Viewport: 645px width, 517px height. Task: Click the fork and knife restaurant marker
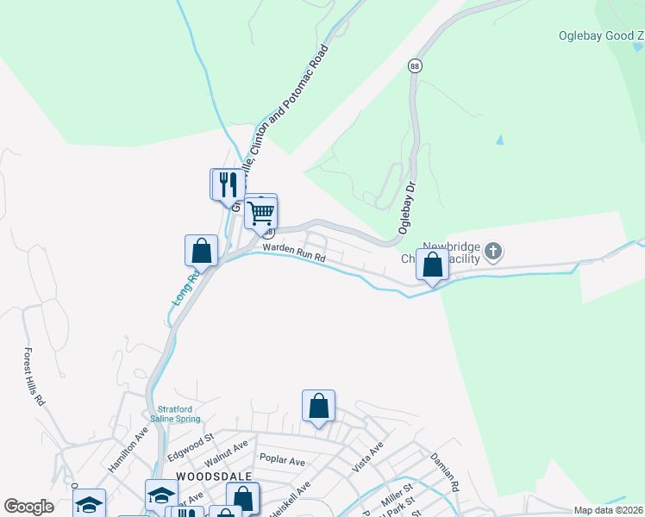point(229,184)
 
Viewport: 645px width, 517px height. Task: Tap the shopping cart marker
point(260,212)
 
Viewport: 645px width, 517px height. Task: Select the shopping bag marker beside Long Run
point(201,251)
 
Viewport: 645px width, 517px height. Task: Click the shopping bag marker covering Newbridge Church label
point(433,265)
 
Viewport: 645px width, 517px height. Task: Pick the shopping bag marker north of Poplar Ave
point(318,405)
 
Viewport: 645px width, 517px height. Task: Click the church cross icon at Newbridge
point(492,252)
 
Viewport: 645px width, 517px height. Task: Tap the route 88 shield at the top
point(415,66)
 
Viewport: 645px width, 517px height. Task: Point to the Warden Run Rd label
point(294,252)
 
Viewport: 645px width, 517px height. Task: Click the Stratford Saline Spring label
point(178,414)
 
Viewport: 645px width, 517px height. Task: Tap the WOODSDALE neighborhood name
point(202,476)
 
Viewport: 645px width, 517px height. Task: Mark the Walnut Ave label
point(226,449)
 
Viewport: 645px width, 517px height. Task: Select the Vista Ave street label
point(367,458)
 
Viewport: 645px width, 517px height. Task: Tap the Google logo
point(28,507)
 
